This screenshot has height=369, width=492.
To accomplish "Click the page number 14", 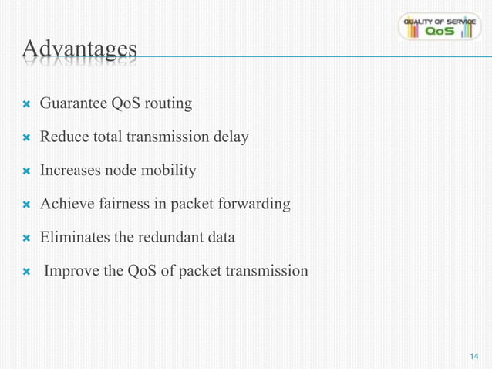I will pyautogui.click(x=474, y=355).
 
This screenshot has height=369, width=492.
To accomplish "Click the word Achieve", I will pyautogui.click(x=65, y=204).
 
